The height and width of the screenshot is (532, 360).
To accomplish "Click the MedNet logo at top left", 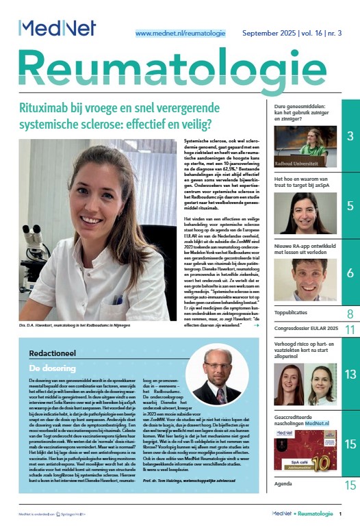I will click(x=57, y=28).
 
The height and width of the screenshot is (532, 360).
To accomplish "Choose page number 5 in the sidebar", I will click(x=349, y=206).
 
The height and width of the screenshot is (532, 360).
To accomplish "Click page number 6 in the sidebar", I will click(x=349, y=273).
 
